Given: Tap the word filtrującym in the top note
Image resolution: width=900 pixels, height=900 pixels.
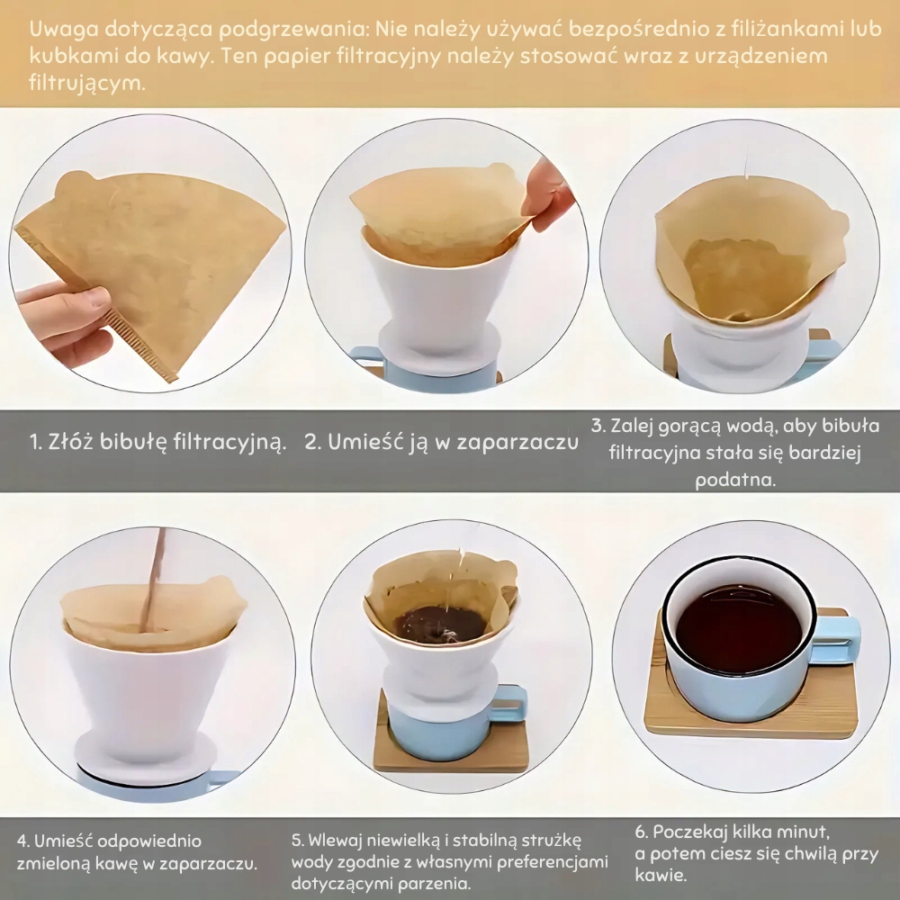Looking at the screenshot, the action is (86, 84).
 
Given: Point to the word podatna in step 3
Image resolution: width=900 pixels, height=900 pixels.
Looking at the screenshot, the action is (734, 480).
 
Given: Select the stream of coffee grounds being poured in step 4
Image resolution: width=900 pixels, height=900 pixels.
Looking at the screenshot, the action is (153, 579).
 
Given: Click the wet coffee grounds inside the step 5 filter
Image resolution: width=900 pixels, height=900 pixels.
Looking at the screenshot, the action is (443, 624).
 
